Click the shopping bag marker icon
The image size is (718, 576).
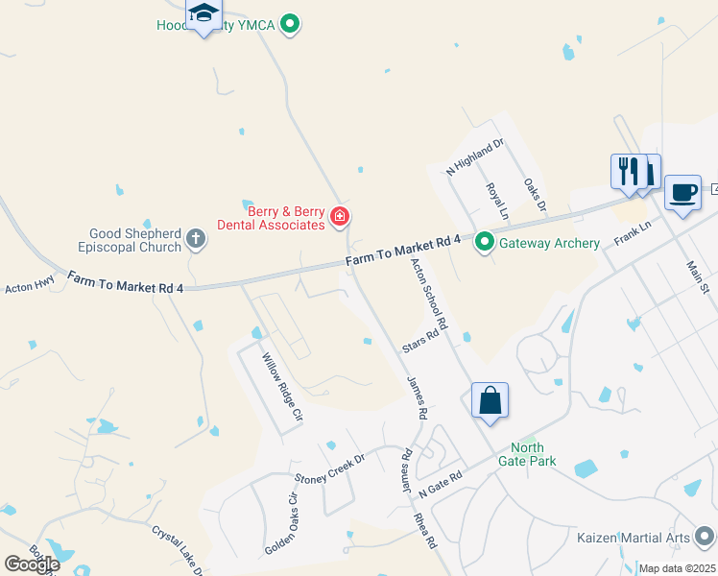pos(490,400)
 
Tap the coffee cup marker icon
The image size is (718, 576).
pos(682,192)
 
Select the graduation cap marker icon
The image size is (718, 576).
pos(203,14)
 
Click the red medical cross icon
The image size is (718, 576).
pos(339,217)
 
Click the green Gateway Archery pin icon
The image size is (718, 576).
pos(485,243)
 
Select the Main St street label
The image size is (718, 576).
pos(697,276)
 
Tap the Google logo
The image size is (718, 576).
pos(31,564)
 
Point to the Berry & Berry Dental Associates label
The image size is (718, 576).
pos(271,217)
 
